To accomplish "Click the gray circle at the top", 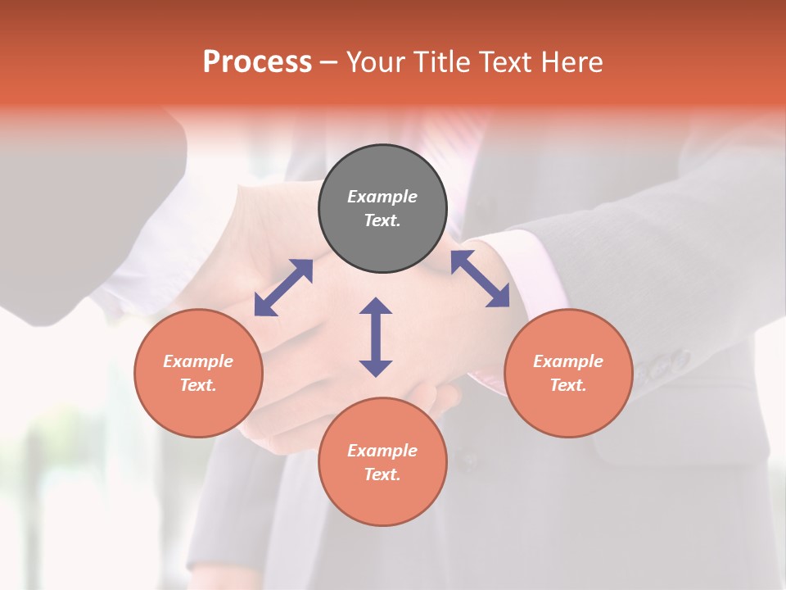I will pos(382,209).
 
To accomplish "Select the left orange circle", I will pos(198,373).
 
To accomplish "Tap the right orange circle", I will pos(568,373).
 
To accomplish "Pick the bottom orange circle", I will pos(382,462).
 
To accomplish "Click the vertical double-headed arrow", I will pos(376,337).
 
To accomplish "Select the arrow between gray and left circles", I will pos(283,288).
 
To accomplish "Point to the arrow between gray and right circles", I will pos(480,279).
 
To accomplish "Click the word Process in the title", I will pos(257,61).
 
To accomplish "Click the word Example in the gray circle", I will pos(382,197).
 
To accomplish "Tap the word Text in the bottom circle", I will pos(381,474).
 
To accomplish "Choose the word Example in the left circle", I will pos(198,361).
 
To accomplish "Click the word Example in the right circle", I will pos(568,361).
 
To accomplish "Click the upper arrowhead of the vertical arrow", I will pos(376,306).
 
